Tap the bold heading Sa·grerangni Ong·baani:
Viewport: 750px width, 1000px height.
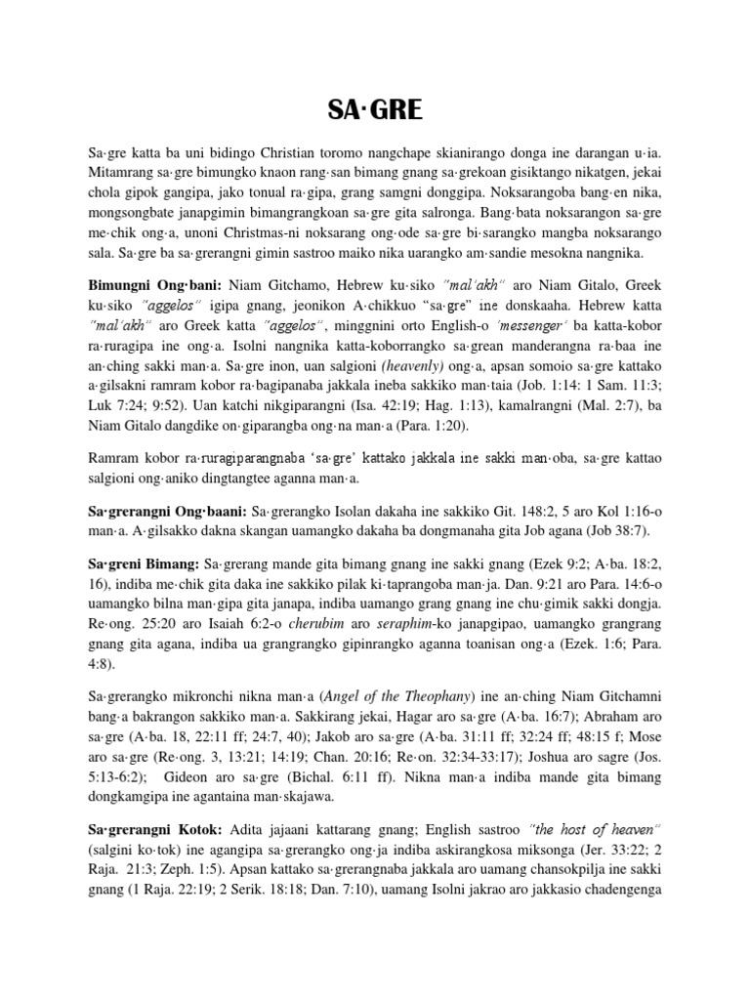coord(166,511)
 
